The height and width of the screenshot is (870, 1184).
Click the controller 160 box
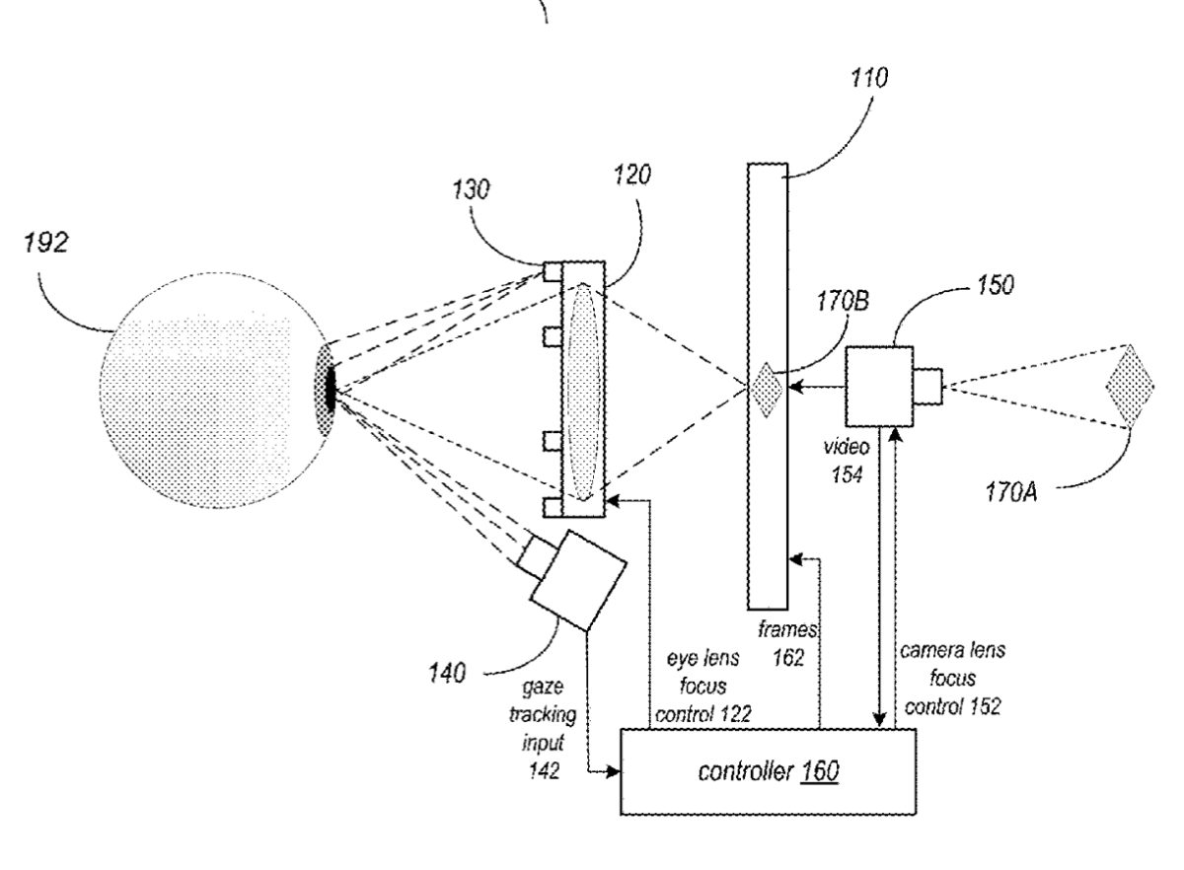coord(768,770)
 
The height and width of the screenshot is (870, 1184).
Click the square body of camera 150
coord(878,385)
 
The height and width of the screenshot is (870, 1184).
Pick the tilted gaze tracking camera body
coord(578,578)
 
